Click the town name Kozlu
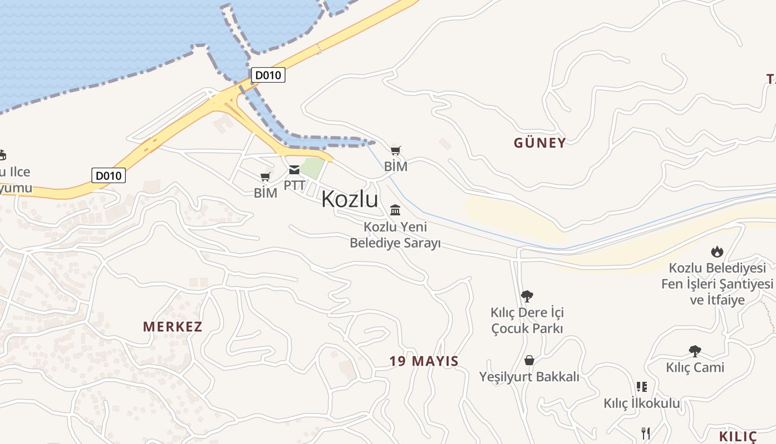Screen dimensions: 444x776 [350, 199]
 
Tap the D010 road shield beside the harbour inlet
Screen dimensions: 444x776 [268, 75]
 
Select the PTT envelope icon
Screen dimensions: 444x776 [294, 170]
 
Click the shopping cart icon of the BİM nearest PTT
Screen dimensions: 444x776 [266, 177]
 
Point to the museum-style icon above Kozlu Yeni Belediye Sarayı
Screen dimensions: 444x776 [395, 210]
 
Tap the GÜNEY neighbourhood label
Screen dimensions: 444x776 [539, 143]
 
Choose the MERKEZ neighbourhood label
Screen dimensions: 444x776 [173, 326]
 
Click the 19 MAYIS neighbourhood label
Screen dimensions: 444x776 [423, 361]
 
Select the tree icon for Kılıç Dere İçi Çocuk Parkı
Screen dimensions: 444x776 [527, 296]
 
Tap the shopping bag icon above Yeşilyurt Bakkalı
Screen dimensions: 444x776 [529, 360]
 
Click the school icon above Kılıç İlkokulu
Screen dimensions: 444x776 [642, 387]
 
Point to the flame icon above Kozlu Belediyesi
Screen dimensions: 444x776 [717, 251]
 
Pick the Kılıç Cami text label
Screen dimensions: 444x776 [695, 367]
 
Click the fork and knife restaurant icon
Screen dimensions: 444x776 [645, 433]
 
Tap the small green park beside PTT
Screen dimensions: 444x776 [312, 168]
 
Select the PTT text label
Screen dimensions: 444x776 [294, 185]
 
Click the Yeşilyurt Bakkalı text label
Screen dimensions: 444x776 [529, 377]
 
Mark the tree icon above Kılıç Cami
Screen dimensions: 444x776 [695, 351]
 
